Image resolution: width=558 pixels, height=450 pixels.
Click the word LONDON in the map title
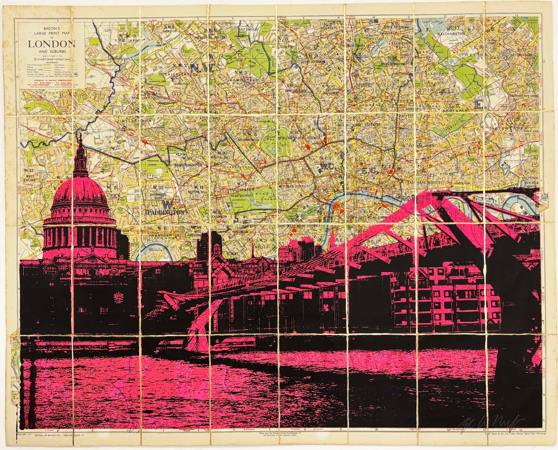coord(51,44)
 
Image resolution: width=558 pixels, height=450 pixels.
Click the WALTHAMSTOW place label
coord(451,34)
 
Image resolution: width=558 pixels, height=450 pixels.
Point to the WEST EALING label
coord(30,178)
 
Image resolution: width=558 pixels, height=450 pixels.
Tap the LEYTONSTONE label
coord(521,55)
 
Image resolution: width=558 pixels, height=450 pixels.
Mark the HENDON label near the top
coord(170,31)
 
